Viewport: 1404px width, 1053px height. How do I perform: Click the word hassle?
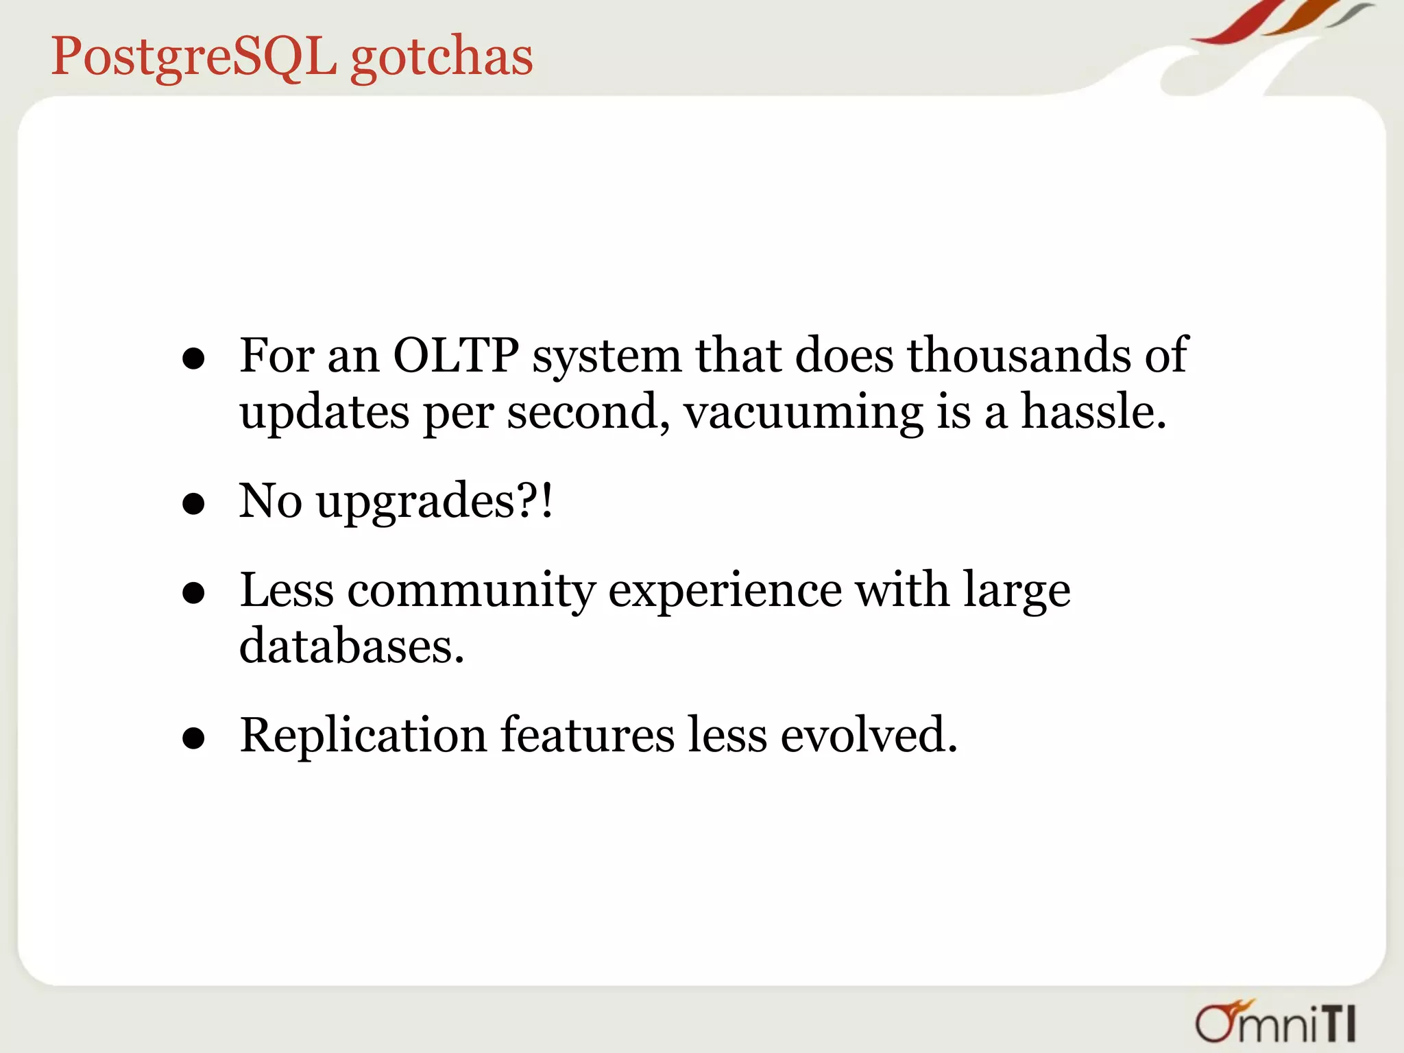pyautogui.click(x=1093, y=413)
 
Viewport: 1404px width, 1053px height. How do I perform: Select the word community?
pyautogui.click(x=472, y=591)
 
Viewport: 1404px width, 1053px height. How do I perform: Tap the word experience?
pyautogui.click(x=725, y=591)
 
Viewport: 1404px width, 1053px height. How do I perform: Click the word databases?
pyautogui.click(x=351, y=647)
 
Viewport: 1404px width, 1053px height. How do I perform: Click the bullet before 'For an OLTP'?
pyautogui.click(x=194, y=359)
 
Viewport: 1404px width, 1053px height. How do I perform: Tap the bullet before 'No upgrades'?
pyautogui.click(x=194, y=504)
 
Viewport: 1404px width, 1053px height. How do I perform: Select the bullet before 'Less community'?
pyautogui.click(x=194, y=593)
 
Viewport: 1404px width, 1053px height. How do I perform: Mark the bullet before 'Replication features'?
pyautogui.click(x=194, y=738)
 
